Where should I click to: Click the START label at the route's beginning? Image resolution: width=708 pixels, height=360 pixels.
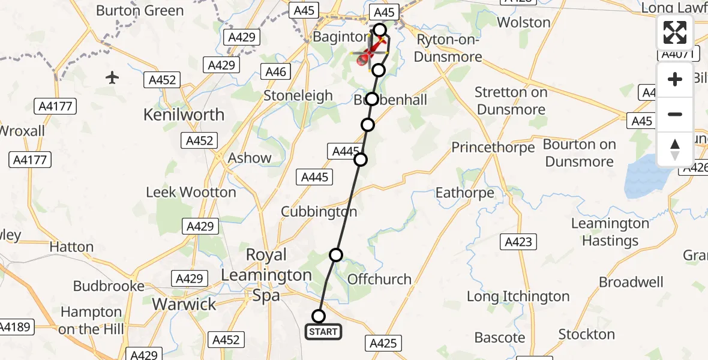323,331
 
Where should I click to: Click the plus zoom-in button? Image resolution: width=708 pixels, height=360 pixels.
675,79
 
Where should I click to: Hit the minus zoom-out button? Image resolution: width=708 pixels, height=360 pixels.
675,114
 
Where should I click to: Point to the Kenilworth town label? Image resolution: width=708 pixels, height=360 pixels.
184,115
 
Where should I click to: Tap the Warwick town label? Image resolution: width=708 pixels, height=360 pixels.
184,304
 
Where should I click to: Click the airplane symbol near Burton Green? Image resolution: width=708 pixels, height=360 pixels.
112,77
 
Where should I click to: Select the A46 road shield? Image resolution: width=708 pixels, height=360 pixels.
277,72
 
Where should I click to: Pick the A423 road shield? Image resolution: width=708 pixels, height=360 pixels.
518,242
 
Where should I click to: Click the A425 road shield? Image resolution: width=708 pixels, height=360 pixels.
382,343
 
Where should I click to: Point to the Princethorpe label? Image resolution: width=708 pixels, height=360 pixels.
493,148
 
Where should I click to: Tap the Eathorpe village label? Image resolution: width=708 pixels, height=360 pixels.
464,193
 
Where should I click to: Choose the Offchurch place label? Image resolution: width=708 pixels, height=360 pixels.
379,279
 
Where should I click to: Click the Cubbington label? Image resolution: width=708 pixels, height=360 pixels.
319,212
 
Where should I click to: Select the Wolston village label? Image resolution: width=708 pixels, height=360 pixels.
524,23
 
